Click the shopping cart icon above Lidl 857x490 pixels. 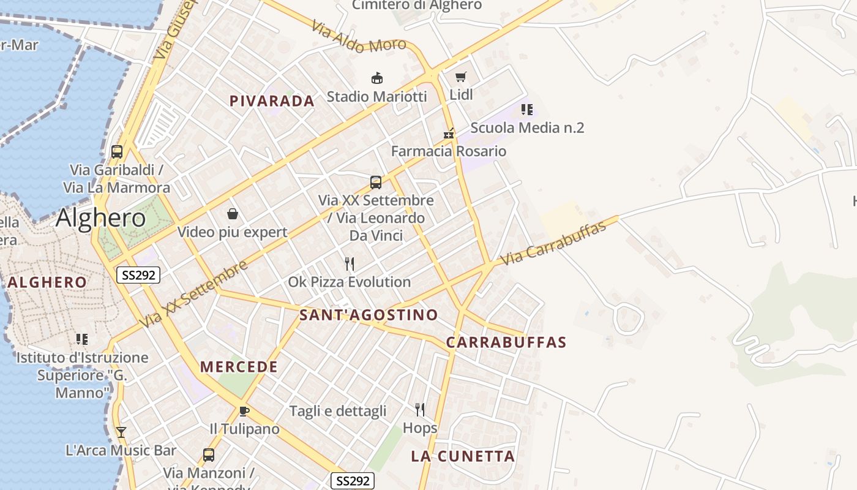pyautogui.click(x=461, y=77)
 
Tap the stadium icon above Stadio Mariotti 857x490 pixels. pyautogui.click(x=377, y=78)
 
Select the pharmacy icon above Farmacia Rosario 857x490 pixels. pyautogui.click(x=449, y=133)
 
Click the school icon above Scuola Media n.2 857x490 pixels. pyautogui.click(x=527, y=110)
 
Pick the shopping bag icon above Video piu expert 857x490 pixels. pyautogui.click(x=233, y=214)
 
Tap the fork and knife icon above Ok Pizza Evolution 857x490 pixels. pyautogui.click(x=350, y=264)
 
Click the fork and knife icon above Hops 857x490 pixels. pyautogui.click(x=420, y=409)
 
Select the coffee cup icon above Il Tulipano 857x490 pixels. pyautogui.click(x=244, y=411)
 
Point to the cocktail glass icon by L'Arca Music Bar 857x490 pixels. pyautogui.click(x=121, y=432)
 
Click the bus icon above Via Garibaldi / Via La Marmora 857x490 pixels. pyautogui.click(x=117, y=152)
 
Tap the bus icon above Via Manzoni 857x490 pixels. pyautogui.click(x=209, y=455)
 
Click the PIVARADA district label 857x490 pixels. pyautogui.click(x=272, y=101)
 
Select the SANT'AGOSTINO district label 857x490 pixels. pyautogui.click(x=369, y=315)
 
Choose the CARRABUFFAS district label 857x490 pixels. pyautogui.click(x=506, y=342)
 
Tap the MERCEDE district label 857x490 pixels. pyautogui.click(x=239, y=367)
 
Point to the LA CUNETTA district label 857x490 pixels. pyautogui.click(x=463, y=456)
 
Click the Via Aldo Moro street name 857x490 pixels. pyautogui.click(x=359, y=37)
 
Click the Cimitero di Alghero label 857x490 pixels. pyautogui.click(x=417, y=6)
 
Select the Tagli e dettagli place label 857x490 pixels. pyautogui.click(x=338, y=411)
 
